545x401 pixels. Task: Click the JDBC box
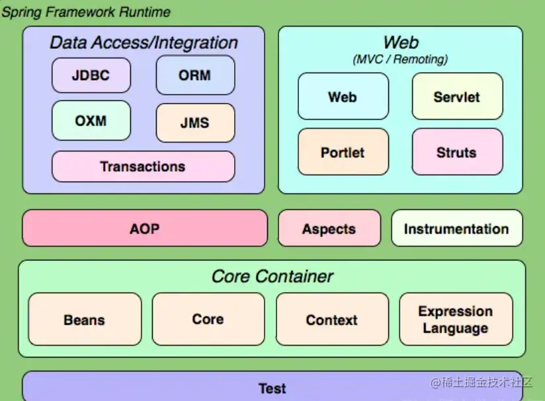[91, 75]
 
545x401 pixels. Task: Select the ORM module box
[195, 75]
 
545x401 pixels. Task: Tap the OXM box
[91, 121]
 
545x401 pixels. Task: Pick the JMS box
[195, 123]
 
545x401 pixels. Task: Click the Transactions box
[143, 166]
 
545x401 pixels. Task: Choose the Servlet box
[457, 96]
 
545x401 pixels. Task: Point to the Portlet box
[343, 152]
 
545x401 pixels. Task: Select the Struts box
[457, 152]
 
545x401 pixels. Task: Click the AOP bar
[145, 229]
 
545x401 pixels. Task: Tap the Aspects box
[329, 229]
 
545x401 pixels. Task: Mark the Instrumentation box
[456, 229]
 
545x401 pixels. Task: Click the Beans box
[85, 320]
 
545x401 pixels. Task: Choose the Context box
[332, 320]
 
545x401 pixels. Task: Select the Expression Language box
[456, 320]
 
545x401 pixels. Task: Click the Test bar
[272, 388]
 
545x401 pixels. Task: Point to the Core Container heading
[272, 276]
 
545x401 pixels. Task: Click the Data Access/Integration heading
[144, 43]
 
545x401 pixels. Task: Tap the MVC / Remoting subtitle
[400, 59]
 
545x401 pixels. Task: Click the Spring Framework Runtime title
[86, 12]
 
